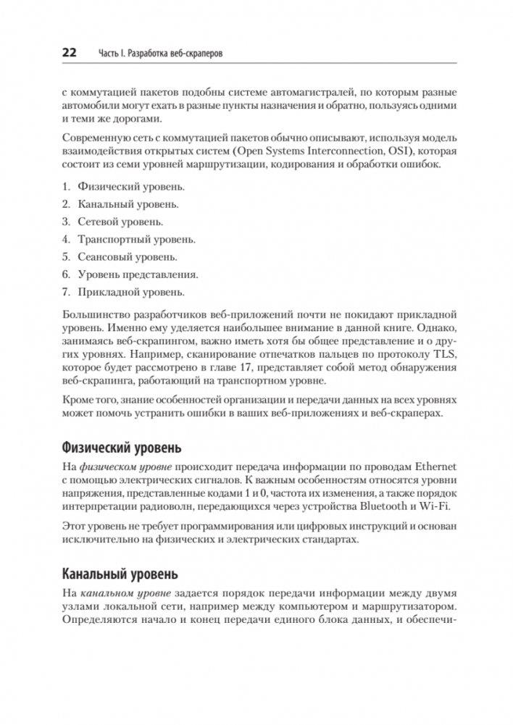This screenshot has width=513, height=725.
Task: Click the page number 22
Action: pyautogui.click(x=70, y=54)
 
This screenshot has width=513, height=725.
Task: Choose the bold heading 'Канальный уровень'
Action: pyautogui.click(x=120, y=575)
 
